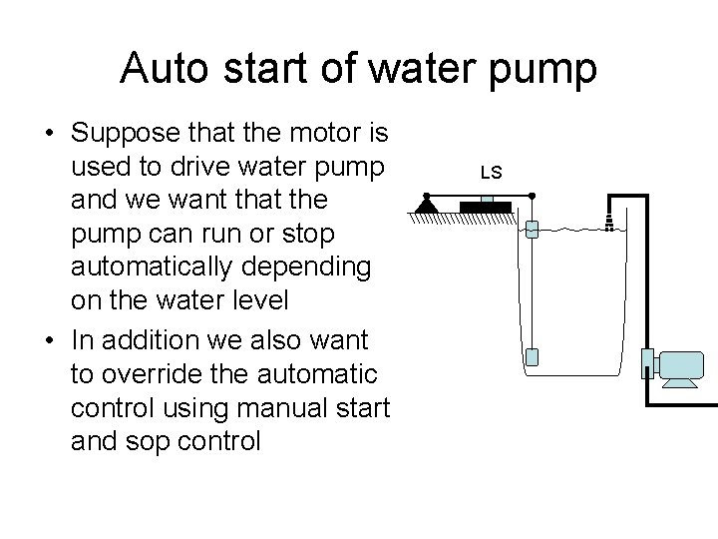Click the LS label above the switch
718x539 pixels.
[490, 173]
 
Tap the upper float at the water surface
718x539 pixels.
[532, 229]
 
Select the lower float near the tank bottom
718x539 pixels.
[532, 356]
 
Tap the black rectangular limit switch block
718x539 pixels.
[486, 208]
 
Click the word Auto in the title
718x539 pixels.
[166, 69]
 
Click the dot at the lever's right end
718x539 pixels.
[532, 196]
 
